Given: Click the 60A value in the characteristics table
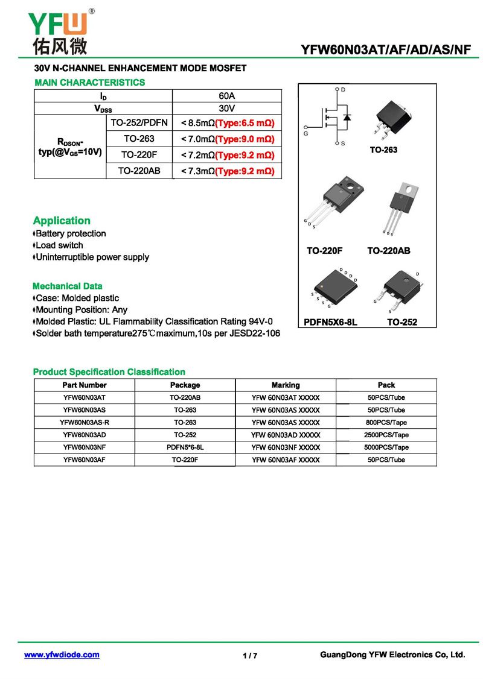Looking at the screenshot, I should pyautogui.click(x=227, y=96).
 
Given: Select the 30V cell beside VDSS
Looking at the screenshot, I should pyautogui.click(x=227, y=109).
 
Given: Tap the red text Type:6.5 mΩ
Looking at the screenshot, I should pyautogui.click(x=245, y=124).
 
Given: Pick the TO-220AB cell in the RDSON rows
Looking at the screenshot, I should pyautogui.click(x=139, y=171).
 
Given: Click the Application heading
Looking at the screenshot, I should pyautogui.click(x=62, y=221).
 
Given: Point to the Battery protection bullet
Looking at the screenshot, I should pyautogui.click(x=71, y=233).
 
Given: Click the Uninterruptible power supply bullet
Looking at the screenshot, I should pyautogui.click(x=92, y=257).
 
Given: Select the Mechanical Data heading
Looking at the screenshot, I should pyautogui.click(x=68, y=286).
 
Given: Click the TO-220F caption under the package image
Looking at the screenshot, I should pyautogui.click(x=325, y=250).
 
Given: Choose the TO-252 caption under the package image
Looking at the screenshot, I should pyautogui.click(x=402, y=323).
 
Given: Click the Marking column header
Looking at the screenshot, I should pyautogui.click(x=286, y=385).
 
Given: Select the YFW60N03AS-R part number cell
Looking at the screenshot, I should pyautogui.click(x=85, y=422).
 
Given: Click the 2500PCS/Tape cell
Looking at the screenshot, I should pyautogui.click(x=386, y=435).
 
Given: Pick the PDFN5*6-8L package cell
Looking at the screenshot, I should pyautogui.click(x=185, y=447).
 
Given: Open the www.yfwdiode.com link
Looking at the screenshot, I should pyautogui.click(x=62, y=655).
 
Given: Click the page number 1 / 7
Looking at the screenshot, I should pyautogui.click(x=250, y=656).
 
